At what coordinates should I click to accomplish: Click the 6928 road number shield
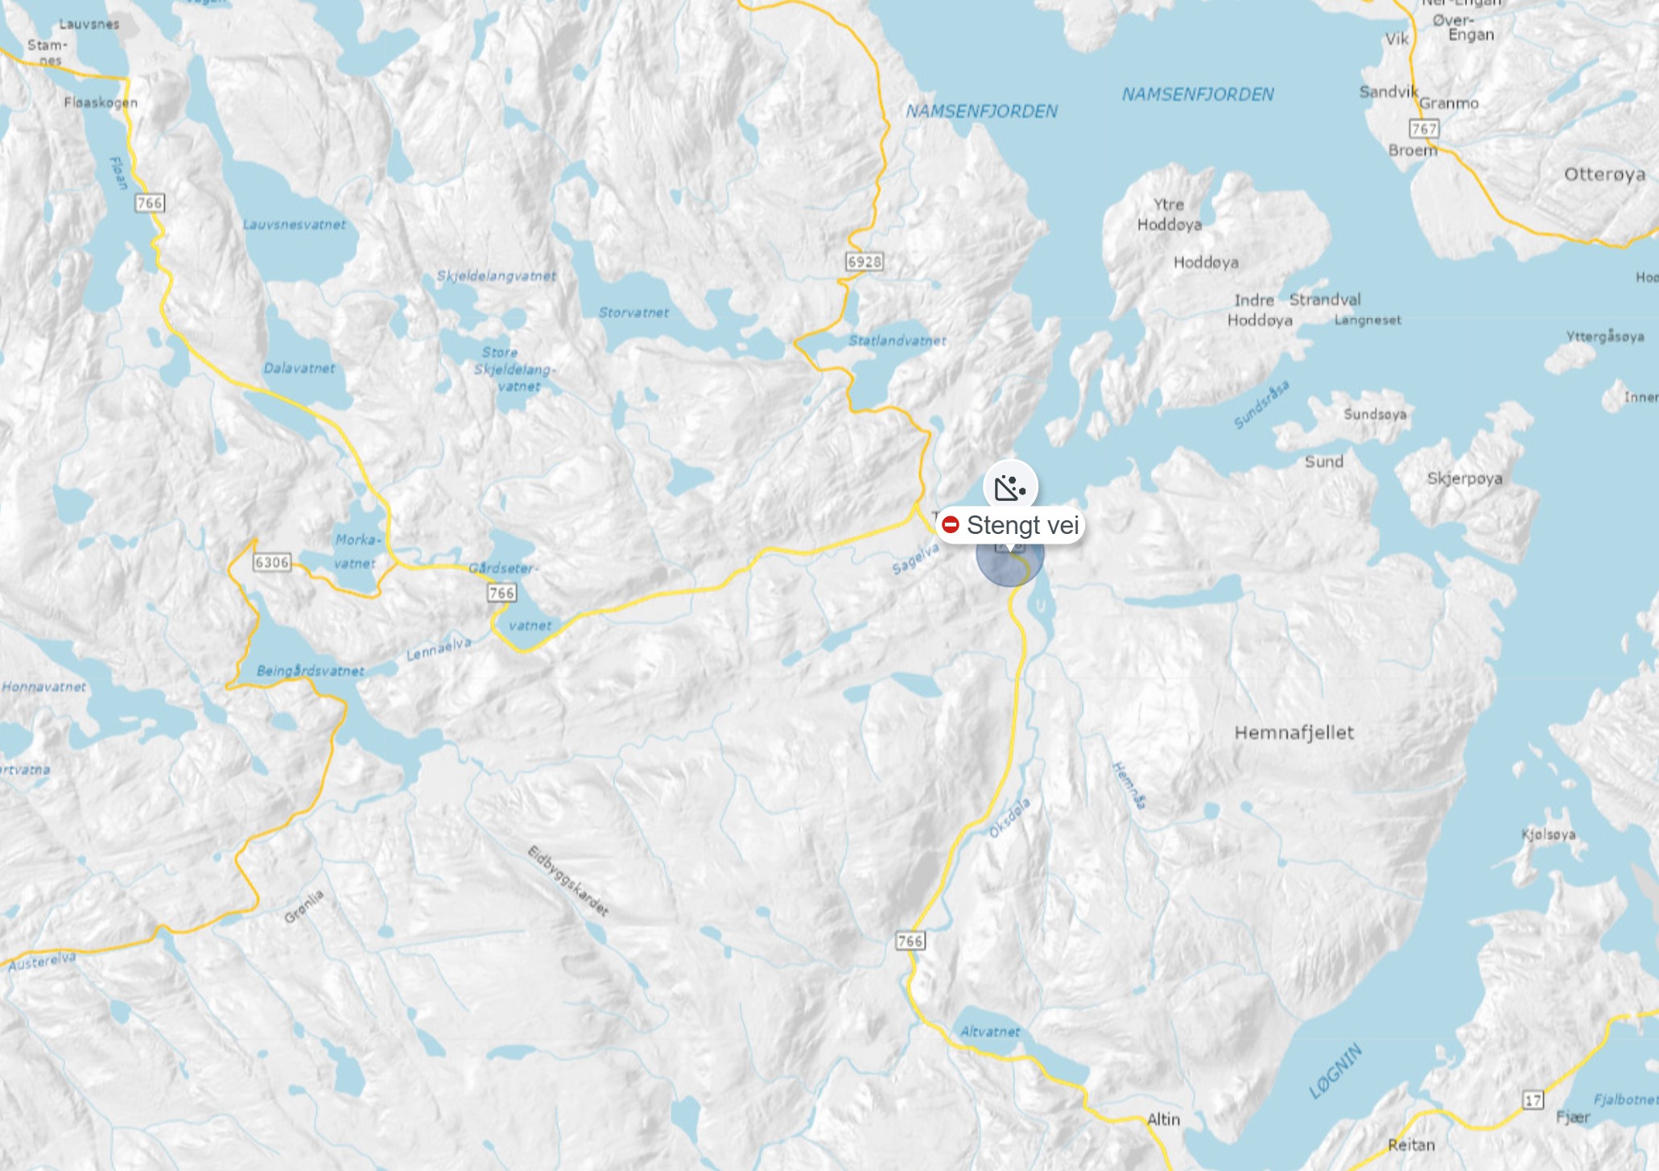pos(864,262)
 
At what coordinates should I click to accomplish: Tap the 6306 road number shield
pos(271,562)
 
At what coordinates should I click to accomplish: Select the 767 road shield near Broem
pos(1423,128)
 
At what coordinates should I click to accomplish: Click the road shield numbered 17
pos(1533,1100)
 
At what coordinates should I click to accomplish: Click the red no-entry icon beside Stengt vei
pos(951,525)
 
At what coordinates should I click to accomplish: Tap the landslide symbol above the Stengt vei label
pos(1010,487)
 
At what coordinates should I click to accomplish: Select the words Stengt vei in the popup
pos(1022,525)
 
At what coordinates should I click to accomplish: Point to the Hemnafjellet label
pos(1294,733)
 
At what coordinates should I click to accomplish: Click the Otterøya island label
pos(1604,175)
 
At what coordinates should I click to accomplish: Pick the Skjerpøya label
pos(1464,478)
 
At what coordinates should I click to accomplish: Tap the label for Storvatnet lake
pos(633,312)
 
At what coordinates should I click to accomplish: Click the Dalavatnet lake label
pos(299,368)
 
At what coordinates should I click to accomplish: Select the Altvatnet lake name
pos(989,1032)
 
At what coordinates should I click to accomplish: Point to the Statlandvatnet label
pos(897,341)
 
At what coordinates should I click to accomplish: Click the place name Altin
pos(1163,1119)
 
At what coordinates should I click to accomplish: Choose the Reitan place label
pos(1411,1144)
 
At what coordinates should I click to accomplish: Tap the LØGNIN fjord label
pos(1335,1071)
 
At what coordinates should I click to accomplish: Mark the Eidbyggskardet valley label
pos(568,881)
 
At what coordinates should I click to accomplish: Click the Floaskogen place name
pos(101,102)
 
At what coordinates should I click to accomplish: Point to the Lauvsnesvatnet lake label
pos(295,225)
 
